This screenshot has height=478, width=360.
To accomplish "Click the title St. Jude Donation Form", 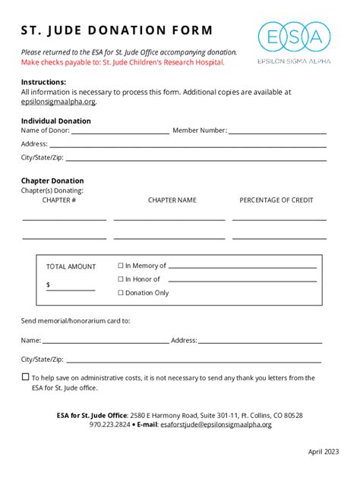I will coord(117,31).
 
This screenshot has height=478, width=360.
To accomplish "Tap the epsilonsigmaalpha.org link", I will coord(58,100).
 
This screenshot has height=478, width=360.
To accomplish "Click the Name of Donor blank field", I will coord(120,131).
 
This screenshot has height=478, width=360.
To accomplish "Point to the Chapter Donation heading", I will coord(52,181).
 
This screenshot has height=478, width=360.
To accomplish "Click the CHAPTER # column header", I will coord(58,200).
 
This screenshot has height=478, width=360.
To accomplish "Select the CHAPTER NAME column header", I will coord(172,200).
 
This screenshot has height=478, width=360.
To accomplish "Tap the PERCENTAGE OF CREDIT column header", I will coord(276,200).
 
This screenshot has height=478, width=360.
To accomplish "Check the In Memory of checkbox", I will coord(121,266).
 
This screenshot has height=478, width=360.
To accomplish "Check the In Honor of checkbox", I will coord(121,279).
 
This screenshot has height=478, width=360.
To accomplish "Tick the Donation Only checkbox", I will coord(121,293).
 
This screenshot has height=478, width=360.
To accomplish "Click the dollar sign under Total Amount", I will coord(49,285).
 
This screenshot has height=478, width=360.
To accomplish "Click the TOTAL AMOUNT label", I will coord(71,266).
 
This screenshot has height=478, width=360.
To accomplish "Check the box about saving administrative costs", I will coord(25,377).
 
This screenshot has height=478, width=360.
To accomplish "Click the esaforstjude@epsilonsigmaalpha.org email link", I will coord(216,425).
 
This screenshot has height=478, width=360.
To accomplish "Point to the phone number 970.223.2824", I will coord(109,425).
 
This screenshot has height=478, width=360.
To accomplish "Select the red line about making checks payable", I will coord(123,62).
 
